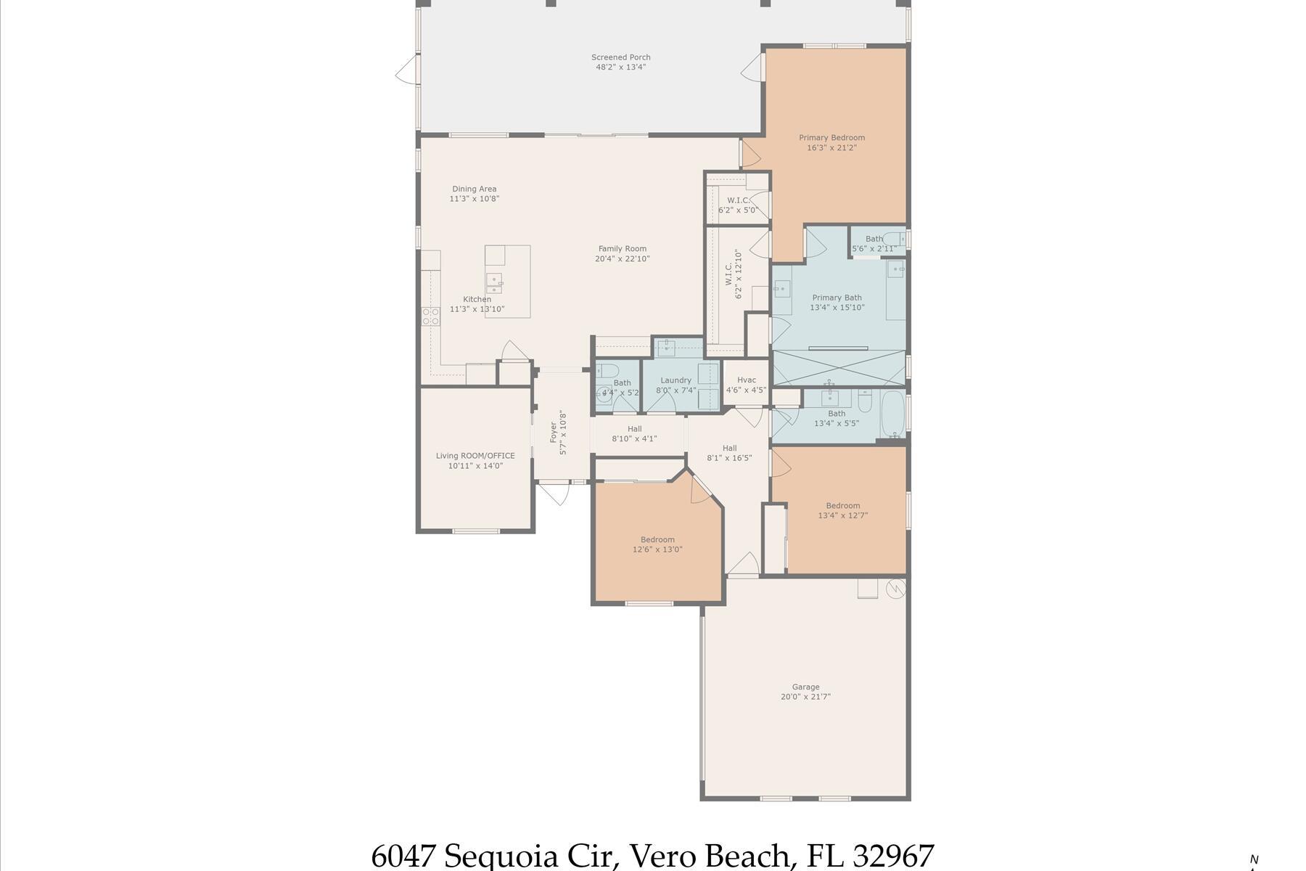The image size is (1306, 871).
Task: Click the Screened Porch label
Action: pos(620,57)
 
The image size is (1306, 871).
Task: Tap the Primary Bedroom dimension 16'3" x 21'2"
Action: pos(831,148)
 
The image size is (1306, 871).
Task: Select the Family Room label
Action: pos(622,249)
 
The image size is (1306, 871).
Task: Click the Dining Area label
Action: pos(475,189)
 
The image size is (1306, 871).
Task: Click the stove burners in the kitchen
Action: pos(431,316)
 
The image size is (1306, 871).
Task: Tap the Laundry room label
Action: pos(675,380)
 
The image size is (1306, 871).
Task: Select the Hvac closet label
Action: pos(747,380)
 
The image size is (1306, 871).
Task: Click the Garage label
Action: pos(805,687)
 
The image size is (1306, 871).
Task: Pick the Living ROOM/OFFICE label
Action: pos(475,456)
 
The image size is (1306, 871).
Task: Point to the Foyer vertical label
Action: pos(554,432)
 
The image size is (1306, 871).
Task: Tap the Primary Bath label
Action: pos(837,298)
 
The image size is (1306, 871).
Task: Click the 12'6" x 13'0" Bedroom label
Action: pos(657,539)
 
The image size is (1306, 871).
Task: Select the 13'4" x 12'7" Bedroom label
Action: pos(842,506)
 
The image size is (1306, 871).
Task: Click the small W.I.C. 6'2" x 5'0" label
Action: pos(738,200)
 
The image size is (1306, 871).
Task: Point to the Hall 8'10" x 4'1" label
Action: pos(634,429)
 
